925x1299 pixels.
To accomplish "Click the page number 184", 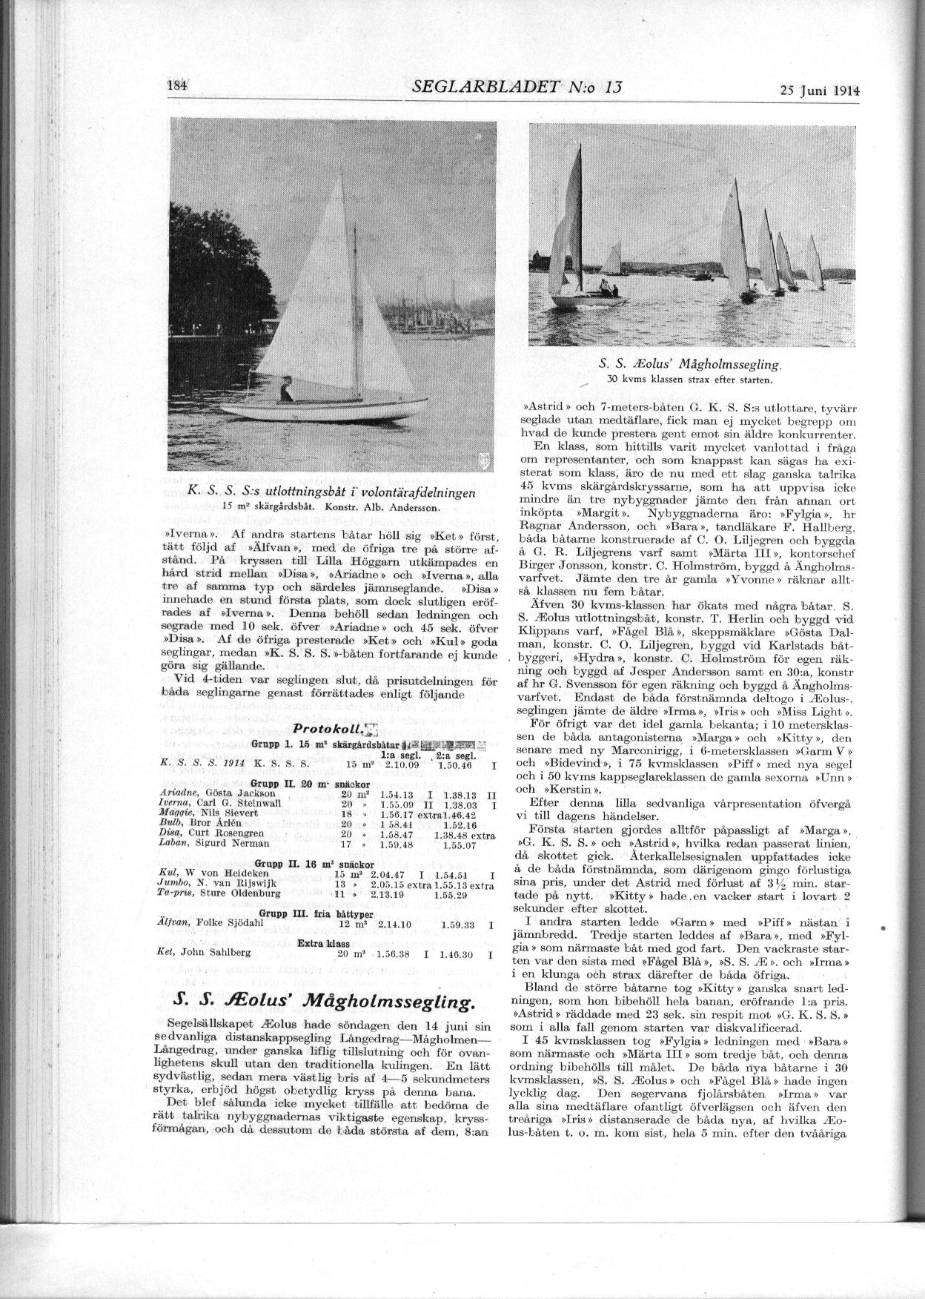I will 179,85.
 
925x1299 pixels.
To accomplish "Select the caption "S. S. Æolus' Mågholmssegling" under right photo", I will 690,365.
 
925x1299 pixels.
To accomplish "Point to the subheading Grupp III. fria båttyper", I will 319,913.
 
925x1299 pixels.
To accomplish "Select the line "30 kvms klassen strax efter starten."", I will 690,380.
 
